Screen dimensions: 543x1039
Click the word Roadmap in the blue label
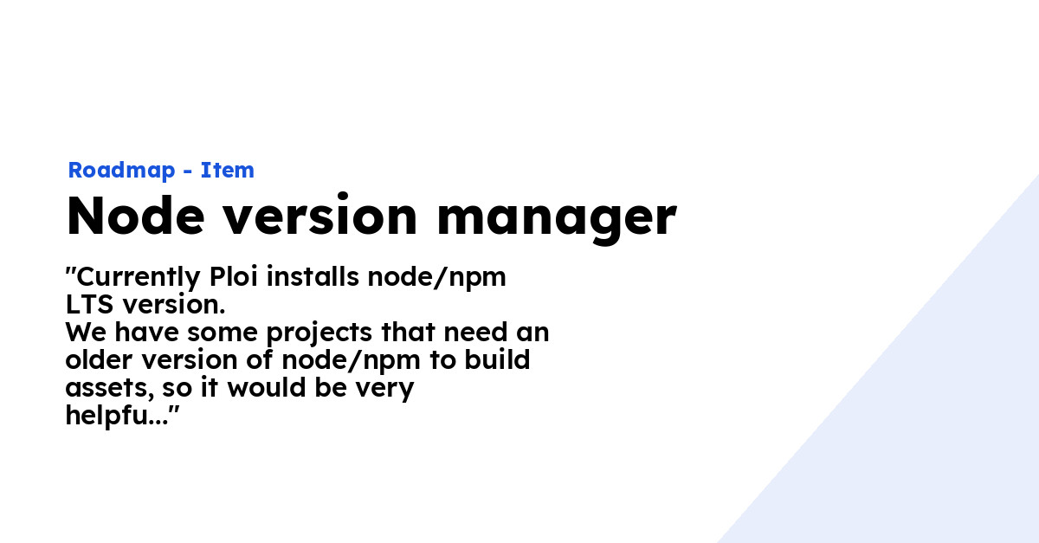coord(120,171)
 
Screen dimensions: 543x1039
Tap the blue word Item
coord(228,171)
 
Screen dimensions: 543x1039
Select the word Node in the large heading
coord(135,217)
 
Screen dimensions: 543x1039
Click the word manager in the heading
coord(556,217)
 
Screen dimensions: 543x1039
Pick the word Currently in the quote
coord(139,278)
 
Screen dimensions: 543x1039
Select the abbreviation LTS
coord(89,306)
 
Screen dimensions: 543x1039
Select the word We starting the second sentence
coord(83,333)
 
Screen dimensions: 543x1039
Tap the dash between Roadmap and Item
coord(187,171)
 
